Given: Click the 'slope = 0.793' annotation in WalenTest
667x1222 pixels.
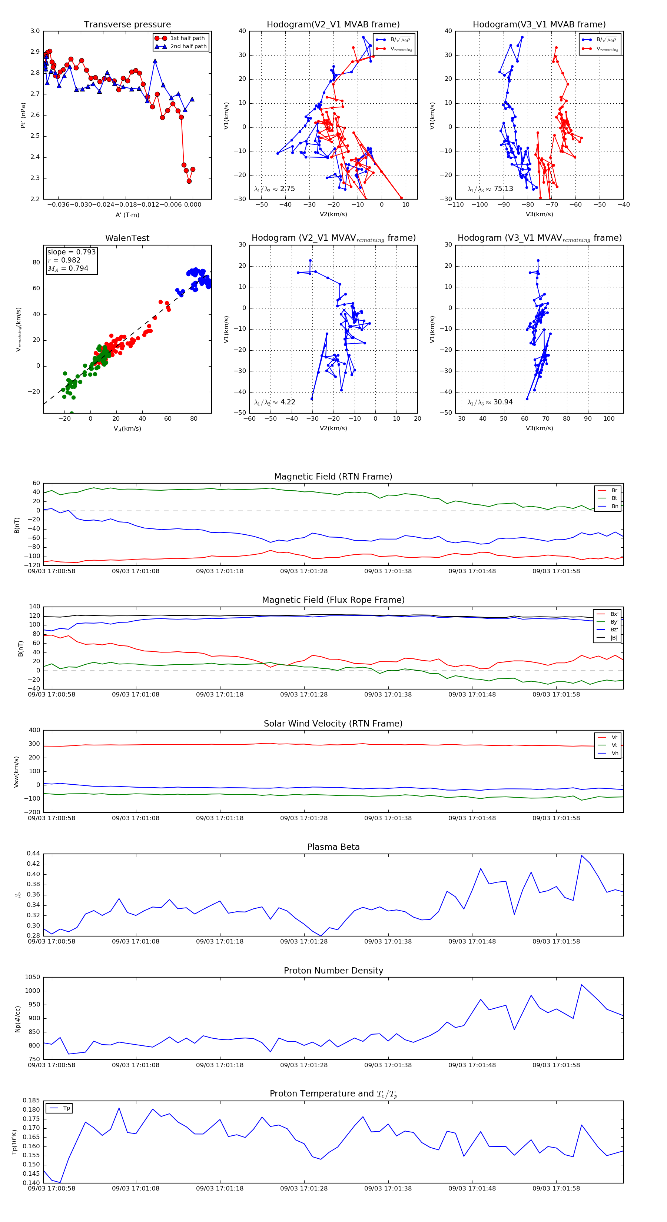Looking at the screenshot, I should coord(71,252).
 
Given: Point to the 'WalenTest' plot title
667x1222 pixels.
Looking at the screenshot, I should coord(127,238).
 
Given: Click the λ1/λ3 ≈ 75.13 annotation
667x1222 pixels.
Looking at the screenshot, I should coord(490,189).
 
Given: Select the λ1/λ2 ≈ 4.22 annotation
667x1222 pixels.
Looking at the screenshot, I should coord(274,402).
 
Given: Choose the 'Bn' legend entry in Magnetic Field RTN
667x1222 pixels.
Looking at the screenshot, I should coord(614,506).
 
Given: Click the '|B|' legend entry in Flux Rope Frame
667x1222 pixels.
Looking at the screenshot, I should coord(614,638).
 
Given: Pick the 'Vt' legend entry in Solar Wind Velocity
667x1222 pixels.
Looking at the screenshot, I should coord(614,745).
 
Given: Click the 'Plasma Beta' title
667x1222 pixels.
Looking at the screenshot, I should coord(333,847).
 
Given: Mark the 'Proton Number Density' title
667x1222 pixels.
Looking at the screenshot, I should coord(333,971).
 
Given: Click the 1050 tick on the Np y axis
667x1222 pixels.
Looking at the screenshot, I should coord(33,977).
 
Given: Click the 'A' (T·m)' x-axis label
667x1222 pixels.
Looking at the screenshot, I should coord(127,215).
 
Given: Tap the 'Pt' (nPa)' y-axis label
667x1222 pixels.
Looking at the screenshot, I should coord(23,115).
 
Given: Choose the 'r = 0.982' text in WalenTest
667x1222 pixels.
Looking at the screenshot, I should coord(64,260).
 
